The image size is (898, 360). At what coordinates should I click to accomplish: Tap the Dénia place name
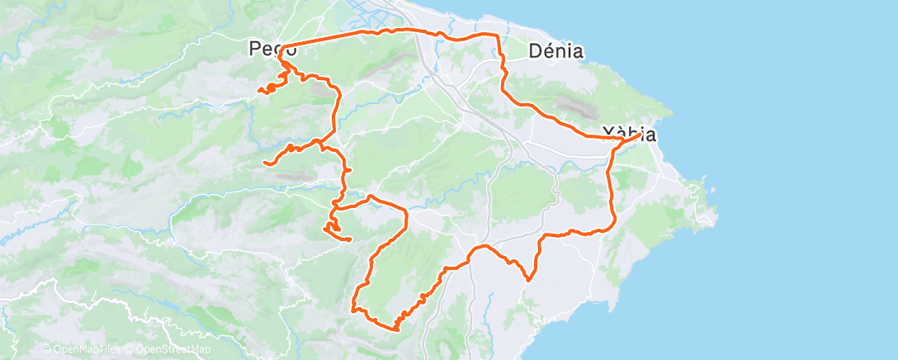coord(555,51)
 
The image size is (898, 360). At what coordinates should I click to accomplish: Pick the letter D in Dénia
coord(535,51)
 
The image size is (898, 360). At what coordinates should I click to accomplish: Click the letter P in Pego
coord(255,50)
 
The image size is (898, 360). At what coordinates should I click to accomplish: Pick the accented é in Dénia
coord(549,51)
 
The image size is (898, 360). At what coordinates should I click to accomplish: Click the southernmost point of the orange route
coord(396,329)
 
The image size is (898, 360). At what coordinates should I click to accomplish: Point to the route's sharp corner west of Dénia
coord(499,36)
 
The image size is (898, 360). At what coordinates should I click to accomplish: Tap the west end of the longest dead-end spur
coord(264,163)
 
